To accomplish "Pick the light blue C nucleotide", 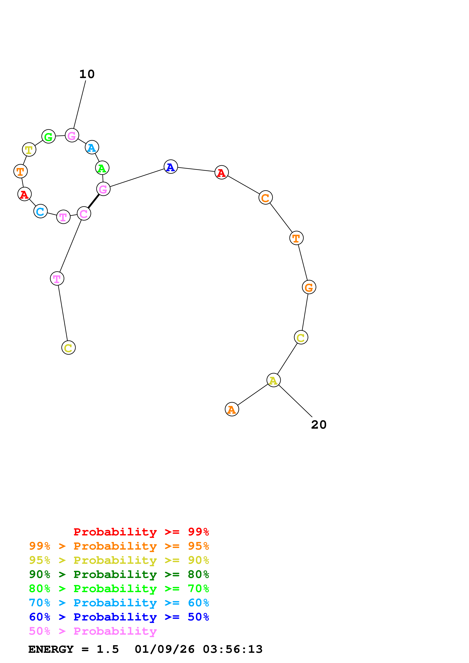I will pyautogui.click(x=40, y=211).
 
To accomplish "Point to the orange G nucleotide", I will pyautogui.click(x=309, y=287).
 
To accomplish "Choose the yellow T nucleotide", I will pyautogui.click(x=29, y=149).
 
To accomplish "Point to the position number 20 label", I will pyautogui.click(x=319, y=425).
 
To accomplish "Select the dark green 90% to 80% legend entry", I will pyautogui.click(x=119, y=574).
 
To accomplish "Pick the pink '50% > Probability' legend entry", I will pyautogui.click(x=93, y=631).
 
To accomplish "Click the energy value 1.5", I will pyautogui.click(x=107, y=649).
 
